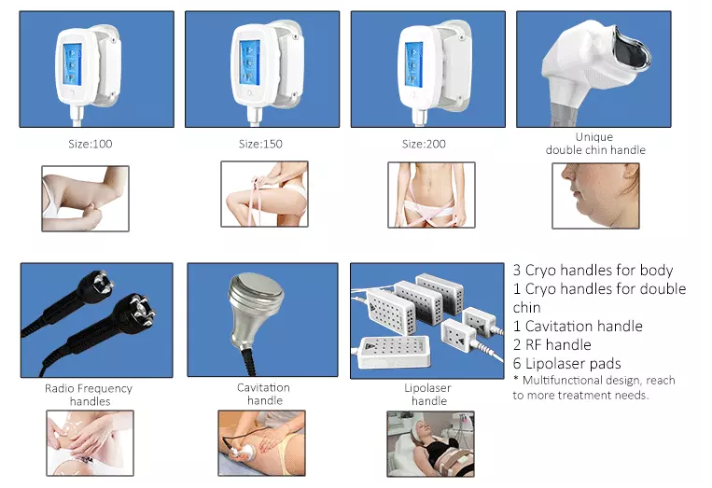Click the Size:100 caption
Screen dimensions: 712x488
pyautogui.click(x=90, y=144)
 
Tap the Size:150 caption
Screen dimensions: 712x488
pyautogui.click(x=260, y=144)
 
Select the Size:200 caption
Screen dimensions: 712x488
pyautogui.click(x=424, y=144)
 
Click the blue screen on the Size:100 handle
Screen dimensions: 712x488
pyautogui.click(x=72, y=64)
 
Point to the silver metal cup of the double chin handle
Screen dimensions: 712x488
pyautogui.click(x=633, y=47)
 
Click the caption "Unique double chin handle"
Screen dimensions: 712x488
pyautogui.click(x=595, y=144)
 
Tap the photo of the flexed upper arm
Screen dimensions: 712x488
pyautogui.click(x=85, y=199)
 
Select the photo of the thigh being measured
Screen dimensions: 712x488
pyautogui.click(x=264, y=194)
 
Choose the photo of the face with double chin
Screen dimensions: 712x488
pyautogui.click(x=595, y=196)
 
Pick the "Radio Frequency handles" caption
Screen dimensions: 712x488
pyautogui.click(x=89, y=395)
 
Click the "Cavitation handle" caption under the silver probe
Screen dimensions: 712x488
pyautogui.click(x=264, y=394)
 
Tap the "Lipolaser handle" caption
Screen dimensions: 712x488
pyautogui.click(x=427, y=394)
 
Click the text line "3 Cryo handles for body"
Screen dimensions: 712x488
pyautogui.click(x=593, y=270)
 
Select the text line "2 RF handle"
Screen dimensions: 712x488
pyautogui.click(x=551, y=344)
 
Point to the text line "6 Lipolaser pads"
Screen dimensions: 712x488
pyautogui.click(x=566, y=363)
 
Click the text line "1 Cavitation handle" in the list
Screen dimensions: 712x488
pyautogui.click(x=578, y=326)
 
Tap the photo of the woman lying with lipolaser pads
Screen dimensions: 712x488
pyautogui.click(x=430, y=444)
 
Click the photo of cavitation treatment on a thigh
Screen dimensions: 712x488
pyautogui.click(x=261, y=443)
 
